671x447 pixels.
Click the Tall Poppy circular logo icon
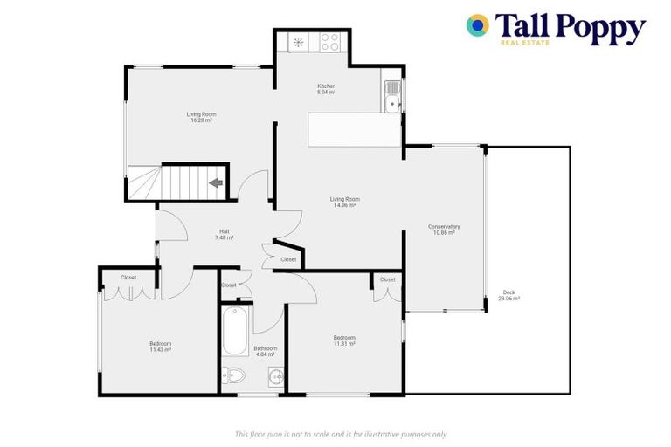477,25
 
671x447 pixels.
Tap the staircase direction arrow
215,183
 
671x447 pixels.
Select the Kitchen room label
326,88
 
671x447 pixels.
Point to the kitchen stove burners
329,41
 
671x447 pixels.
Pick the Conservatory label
444,230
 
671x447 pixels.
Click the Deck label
509,295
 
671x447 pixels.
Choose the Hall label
225,234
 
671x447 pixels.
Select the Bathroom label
265,351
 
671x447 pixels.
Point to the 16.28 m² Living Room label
201,117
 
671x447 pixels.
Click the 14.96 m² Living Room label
345,202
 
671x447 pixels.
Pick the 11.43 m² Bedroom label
160,346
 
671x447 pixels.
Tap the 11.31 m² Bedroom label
344,340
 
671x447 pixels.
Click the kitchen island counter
354,129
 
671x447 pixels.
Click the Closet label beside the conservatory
387,279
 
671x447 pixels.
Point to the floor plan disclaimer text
342,434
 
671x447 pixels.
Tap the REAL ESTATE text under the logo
524,42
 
